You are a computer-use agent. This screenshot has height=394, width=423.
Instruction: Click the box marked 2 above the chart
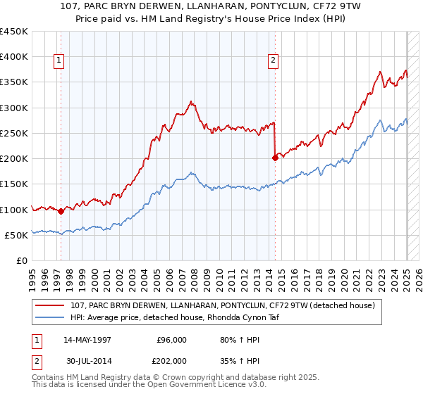(x=273, y=61)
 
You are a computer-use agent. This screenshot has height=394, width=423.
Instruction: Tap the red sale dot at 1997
(x=61, y=210)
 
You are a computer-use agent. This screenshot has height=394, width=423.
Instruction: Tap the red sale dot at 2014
(x=275, y=158)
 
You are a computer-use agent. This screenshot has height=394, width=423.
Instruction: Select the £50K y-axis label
(x=16, y=235)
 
